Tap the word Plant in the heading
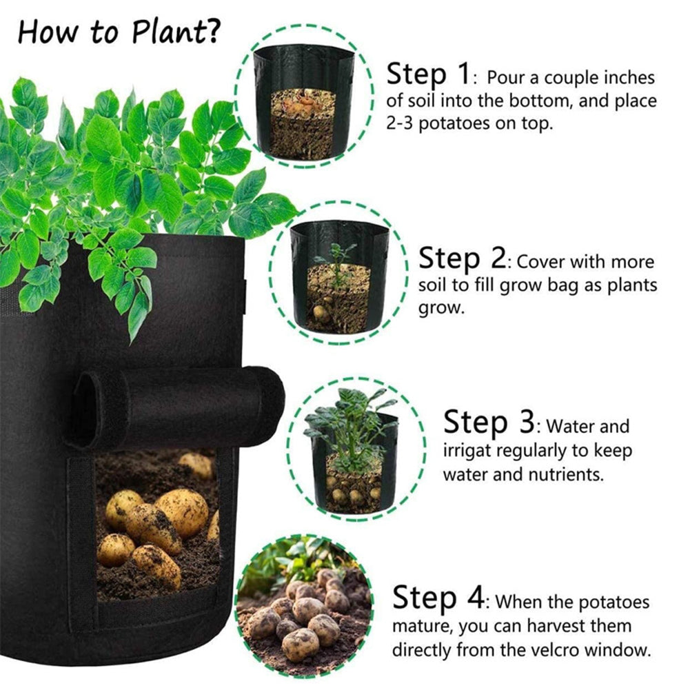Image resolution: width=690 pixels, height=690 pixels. (x=168, y=32)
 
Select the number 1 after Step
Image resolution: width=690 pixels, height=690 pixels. (x=463, y=74)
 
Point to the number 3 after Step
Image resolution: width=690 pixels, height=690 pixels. (x=526, y=422)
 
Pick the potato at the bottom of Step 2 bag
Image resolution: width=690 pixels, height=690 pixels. (x=321, y=313)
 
